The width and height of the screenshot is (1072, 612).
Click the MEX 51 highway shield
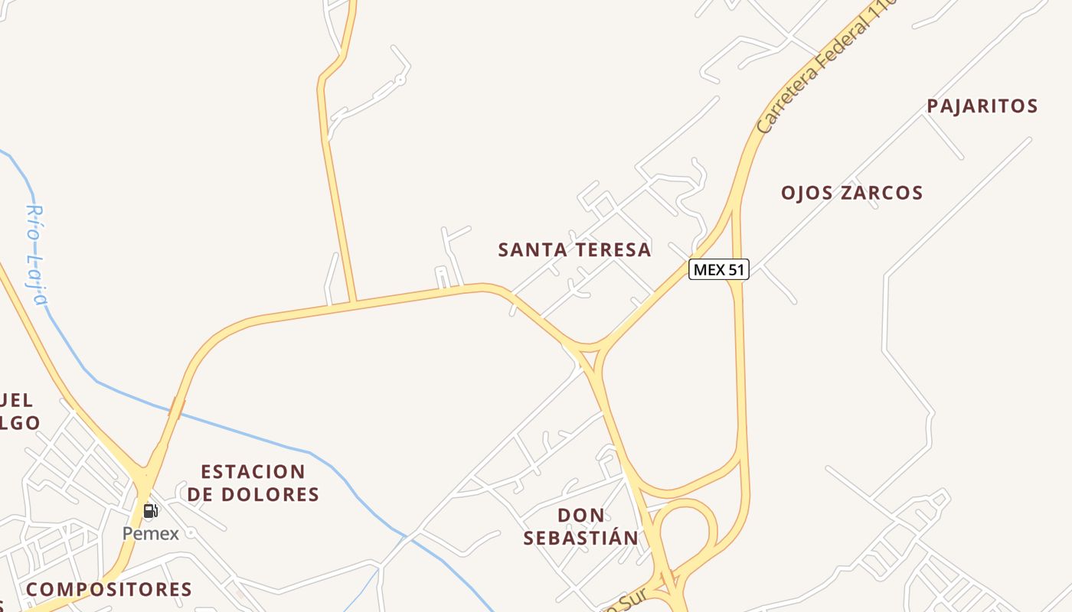coord(718,269)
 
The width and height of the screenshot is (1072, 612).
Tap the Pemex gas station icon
coord(151,511)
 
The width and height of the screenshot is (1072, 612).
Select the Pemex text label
coord(151,533)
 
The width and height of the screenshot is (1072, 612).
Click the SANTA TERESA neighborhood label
coord(574,249)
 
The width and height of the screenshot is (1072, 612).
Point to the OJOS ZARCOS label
coord(851,192)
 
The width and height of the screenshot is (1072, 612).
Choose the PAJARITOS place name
coord(982,106)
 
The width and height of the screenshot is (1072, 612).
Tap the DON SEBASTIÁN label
coord(580,526)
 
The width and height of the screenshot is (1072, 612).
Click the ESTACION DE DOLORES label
coord(253,483)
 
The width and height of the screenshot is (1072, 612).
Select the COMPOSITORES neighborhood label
coord(109,589)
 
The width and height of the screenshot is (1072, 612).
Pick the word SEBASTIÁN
coord(580,538)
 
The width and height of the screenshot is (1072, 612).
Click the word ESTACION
coord(253,471)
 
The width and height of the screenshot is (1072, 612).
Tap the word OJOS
coord(803,192)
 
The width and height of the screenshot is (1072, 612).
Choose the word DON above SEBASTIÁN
coord(580,515)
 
